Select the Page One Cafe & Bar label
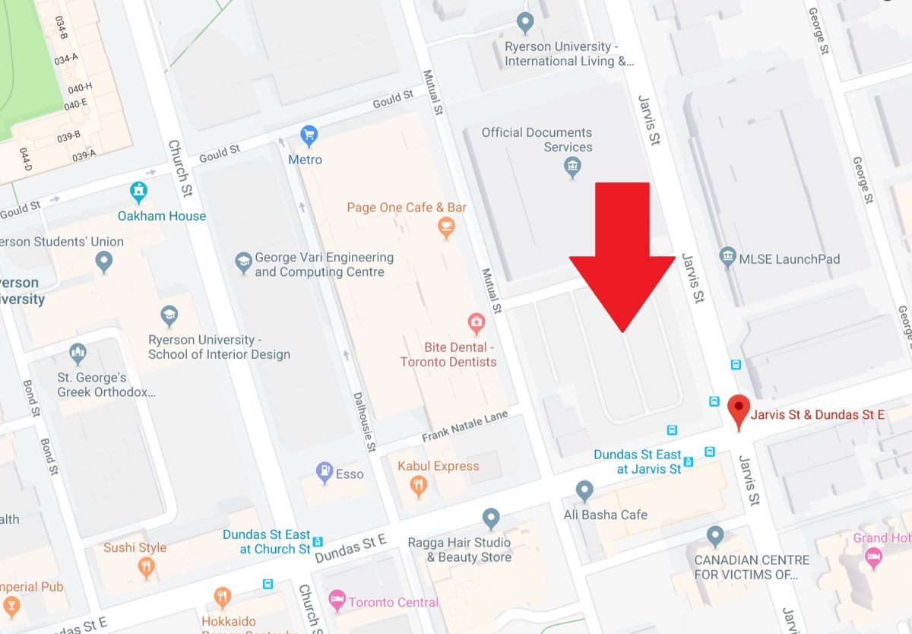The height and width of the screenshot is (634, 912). [x=407, y=208]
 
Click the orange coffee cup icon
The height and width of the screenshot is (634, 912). [x=446, y=227]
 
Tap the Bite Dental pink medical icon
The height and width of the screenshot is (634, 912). [x=476, y=323]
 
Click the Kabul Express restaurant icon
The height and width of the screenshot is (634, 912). [x=418, y=485]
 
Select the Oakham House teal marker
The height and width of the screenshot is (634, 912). [x=138, y=192]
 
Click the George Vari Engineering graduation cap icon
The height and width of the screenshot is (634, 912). [x=243, y=263]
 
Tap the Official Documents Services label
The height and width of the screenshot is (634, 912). [x=537, y=140]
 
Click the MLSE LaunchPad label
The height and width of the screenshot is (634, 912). [x=790, y=259]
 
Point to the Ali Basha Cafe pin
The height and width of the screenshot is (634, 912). [x=584, y=490]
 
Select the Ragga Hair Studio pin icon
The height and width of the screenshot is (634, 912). [x=491, y=518]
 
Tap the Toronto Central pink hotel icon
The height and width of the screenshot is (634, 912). [x=337, y=601]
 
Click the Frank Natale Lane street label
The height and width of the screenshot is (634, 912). [x=464, y=431]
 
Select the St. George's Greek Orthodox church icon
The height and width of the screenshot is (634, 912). [x=78, y=353]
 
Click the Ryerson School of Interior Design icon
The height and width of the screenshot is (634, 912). [x=169, y=315]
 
